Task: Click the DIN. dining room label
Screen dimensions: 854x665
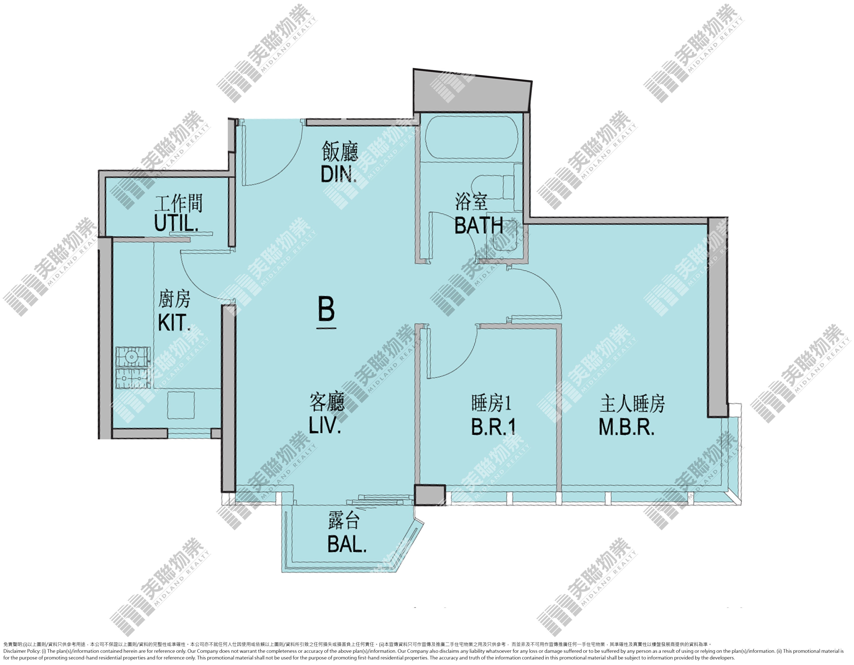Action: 339,175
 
